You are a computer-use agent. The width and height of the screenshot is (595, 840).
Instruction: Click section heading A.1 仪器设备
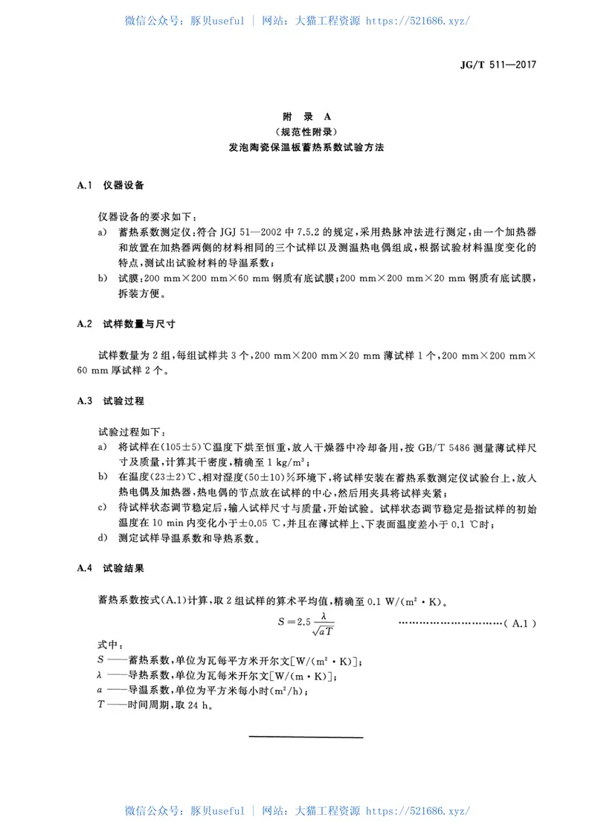click(x=111, y=184)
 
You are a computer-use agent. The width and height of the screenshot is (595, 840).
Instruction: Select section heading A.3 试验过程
click(x=111, y=401)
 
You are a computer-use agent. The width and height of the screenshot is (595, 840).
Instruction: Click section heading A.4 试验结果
click(x=111, y=569)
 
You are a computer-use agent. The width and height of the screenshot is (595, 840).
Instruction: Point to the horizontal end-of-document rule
click(x=306, y=737)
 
